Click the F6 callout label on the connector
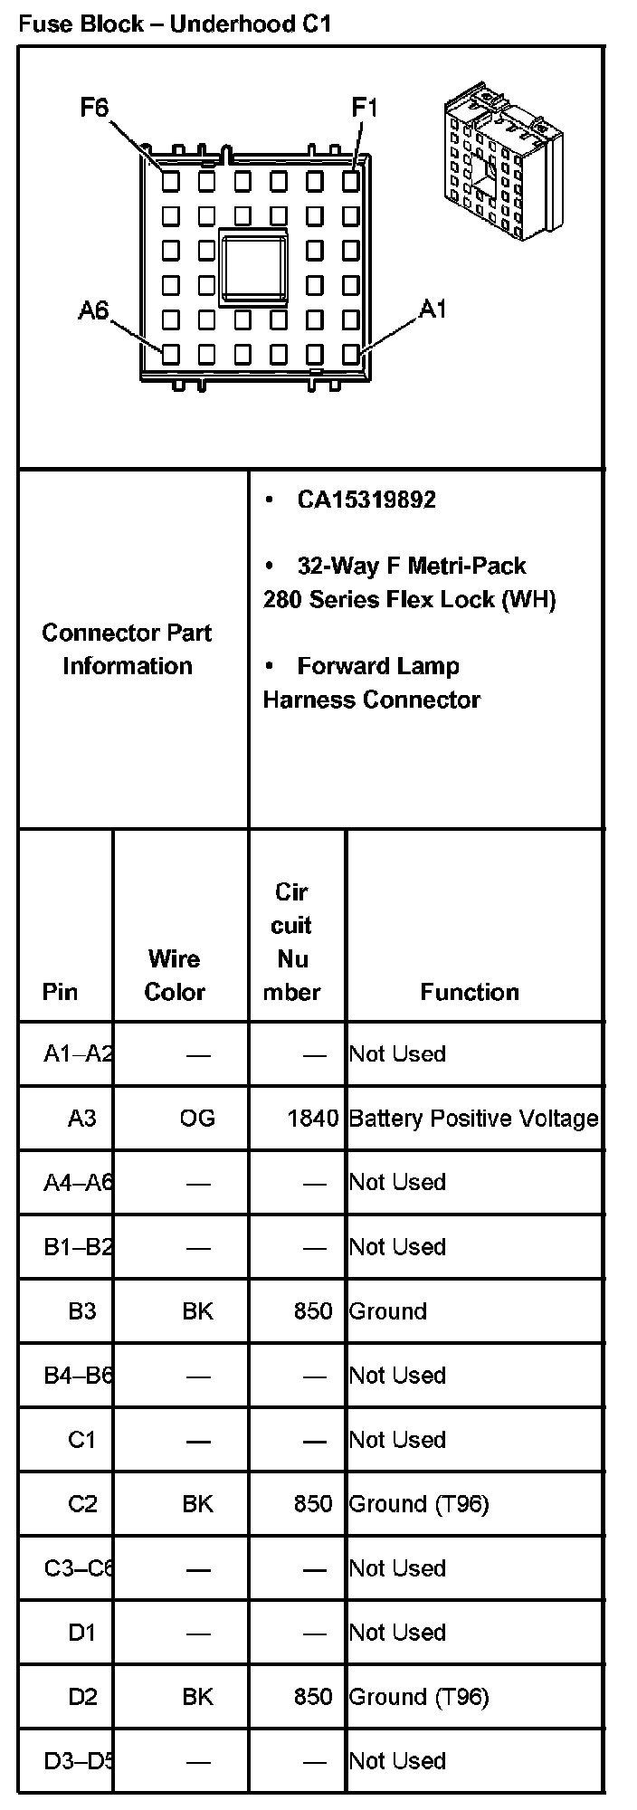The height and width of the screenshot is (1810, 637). (94, 109)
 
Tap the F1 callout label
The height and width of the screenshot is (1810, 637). (364, 109)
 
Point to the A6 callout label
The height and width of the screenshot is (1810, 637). (92, 311)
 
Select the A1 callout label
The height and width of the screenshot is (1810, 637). (433, 310)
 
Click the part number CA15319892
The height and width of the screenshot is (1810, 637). (366, 500)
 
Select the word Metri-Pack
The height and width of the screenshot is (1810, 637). (467, 566)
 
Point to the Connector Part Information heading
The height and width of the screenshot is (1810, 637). (127, 649)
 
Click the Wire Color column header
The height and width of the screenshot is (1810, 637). (175, 975)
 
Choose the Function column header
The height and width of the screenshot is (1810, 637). (470, 992)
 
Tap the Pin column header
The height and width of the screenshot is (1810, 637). (60, 992)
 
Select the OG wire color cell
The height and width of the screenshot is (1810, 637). (197, 1119)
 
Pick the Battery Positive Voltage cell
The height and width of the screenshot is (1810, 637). (473, 1119)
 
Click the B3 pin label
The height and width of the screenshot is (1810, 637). (81, 1311)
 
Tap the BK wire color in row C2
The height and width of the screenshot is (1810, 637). (197, 1504)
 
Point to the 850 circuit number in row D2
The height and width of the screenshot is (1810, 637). (313, 1697)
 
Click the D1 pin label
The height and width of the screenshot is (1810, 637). (81, 1633)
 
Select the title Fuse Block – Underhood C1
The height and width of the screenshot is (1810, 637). (175, 24)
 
